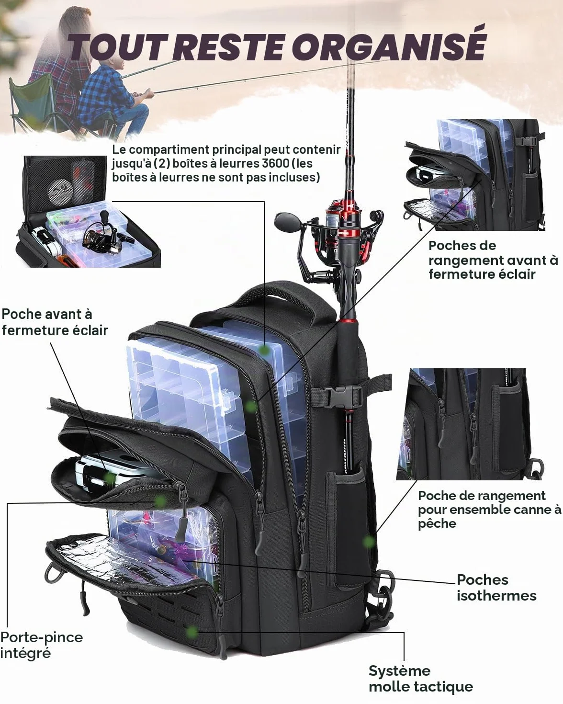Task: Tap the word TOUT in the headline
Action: [118, 47]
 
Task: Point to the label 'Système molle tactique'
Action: [421, 679]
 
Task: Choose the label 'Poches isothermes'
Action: [496, 588]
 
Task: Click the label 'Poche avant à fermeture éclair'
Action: [55, 322]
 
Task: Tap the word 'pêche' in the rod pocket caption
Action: [437, 524]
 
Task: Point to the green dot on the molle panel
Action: [192, 631]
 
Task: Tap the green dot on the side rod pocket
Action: [369, 542]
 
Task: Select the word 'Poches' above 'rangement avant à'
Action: [462, 245]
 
